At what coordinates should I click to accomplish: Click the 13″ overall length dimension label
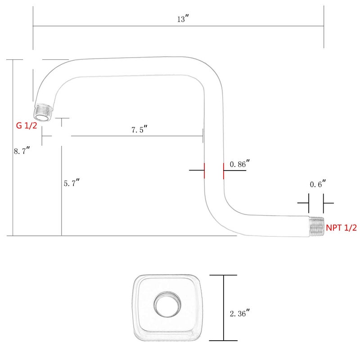point(182,19)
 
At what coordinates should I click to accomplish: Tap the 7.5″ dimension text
point(139,130)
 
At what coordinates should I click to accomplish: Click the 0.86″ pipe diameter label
point(239,165)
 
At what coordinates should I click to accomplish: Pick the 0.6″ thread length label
point(318,184)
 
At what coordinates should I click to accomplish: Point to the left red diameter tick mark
point(204,171)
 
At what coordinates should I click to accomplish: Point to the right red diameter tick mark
point(223,171)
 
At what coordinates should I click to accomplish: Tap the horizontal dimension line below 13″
point(180,26)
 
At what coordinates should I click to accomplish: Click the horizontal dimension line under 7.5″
point(135,136)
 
